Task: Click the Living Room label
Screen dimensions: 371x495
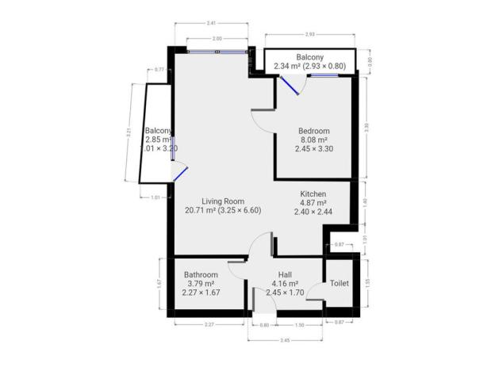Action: [x=222, y=201]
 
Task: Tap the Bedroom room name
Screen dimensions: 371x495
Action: [x=313, y=131]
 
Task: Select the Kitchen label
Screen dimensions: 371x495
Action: [x=313, y=194]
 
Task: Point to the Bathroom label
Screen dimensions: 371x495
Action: [x=200, y=274]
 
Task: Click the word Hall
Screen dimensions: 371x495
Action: [x=284, y=274]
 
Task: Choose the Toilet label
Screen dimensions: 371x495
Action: [x=340, y=282]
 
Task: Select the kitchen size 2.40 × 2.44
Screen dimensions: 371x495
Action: [x=313, y=212]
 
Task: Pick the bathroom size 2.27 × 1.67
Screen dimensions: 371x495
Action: [x=200, y=293]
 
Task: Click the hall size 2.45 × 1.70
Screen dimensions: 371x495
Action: [x=284, y=293]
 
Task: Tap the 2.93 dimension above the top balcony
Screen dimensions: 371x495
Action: [x=311, y=34]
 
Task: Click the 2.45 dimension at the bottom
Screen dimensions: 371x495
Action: [x=285, y=339]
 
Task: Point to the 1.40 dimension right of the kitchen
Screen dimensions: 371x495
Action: [x=366, y=202]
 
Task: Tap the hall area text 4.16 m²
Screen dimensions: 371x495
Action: [x=284, y=283]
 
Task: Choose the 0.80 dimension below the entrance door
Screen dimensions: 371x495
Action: [x=255, y=325]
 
